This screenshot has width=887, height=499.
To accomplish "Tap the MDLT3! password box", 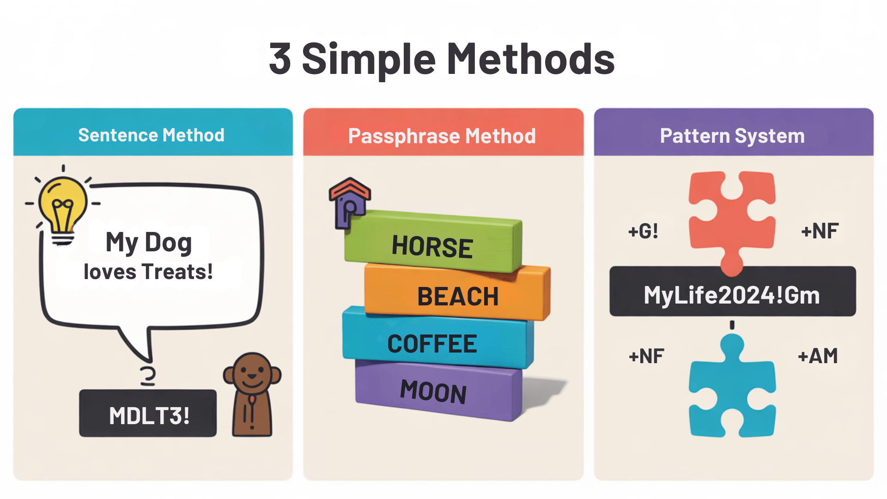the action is [x=148, y=413].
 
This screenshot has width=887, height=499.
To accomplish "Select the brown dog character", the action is [x=252, y=395].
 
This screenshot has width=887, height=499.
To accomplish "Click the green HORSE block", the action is [x=433, y=242].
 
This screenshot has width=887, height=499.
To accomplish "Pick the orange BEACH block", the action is [x=457, y=293].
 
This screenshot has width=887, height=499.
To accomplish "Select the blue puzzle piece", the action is [x=732, y=388].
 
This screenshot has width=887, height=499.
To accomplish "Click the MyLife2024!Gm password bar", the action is [x=733, y=292].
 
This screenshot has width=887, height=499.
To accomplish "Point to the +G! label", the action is [x=643, y=231].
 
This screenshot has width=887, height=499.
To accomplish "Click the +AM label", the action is [x=818, y=356].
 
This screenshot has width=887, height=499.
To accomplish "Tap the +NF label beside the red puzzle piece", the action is [x=820, y=231].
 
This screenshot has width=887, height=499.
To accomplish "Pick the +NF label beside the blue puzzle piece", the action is [x=646, y=356].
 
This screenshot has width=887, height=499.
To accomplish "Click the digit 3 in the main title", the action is [x=280, y=59].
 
